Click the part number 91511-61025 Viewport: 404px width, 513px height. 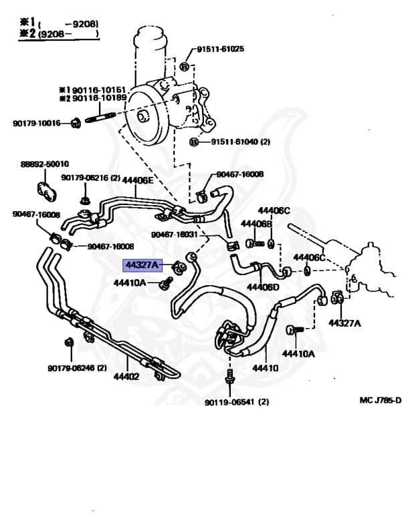point(220,49)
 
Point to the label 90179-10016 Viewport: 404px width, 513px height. point(36,123)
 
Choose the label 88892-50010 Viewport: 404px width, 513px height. point(45,164)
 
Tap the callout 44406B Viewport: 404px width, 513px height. point(256,224)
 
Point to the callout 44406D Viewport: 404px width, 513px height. point(263,287)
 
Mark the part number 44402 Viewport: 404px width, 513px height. point(126,377)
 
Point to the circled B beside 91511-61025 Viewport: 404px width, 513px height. point(185,66)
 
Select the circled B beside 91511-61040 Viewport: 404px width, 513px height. point(194,142)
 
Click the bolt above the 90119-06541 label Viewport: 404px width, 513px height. point(230,377)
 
